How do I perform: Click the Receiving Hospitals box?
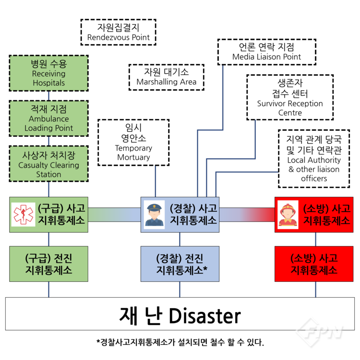point(49,73)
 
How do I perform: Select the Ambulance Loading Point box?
point(49,119)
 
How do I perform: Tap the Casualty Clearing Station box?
point(49,164)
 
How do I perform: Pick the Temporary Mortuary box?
point(133,142)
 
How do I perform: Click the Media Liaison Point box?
point(266,52)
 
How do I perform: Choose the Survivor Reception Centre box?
point(290,98)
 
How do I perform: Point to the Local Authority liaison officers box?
point(313,159)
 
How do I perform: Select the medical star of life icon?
point(21,215)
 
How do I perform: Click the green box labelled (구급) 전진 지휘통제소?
point(49,264)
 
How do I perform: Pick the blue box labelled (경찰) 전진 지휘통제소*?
point(180,264)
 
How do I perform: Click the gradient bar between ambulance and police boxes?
point(114,215)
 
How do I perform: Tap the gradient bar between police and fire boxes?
point(247,215)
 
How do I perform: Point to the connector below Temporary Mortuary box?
point(156,180)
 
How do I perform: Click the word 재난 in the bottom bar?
point(137,316)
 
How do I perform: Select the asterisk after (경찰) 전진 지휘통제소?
point(205,269)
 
